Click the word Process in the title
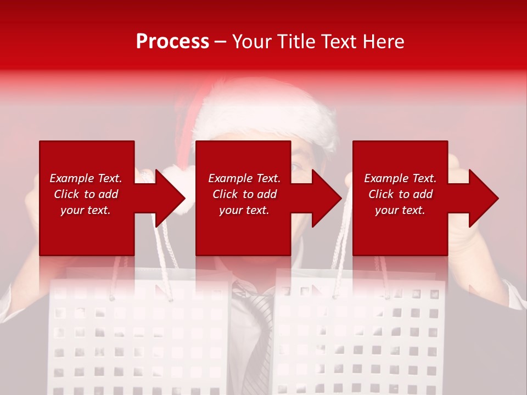pos(172,41)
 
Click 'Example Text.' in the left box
pos(86,178)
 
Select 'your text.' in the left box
pos(86,210)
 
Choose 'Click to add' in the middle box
pos(244,194)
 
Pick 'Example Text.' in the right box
pos(400,178)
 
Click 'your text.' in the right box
pos(400,210)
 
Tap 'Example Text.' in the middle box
pos(244,178)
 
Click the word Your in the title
pos(251,41)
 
